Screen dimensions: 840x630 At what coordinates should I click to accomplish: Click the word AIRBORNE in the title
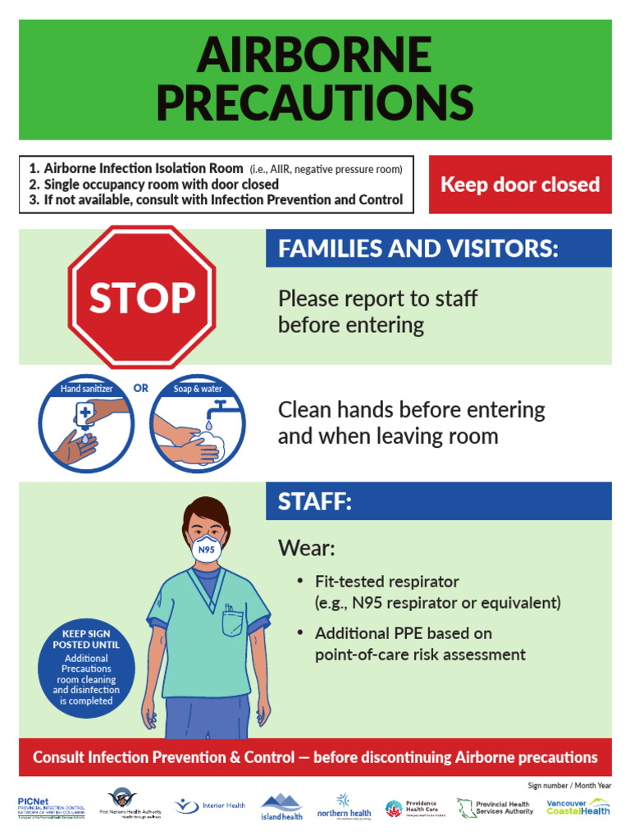pos(314,57)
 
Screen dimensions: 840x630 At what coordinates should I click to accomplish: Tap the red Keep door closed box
pos(520,185)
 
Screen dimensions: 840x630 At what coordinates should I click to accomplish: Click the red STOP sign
pos(142,297)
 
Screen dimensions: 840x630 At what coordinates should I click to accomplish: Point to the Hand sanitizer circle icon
pos(86,426)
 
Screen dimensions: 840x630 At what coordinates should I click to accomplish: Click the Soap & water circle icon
pos(198,426)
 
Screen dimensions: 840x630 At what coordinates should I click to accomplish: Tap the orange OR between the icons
pos(141,388)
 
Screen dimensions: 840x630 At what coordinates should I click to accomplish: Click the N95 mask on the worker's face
pos(207,549)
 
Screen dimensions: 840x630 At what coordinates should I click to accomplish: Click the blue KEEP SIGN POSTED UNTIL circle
pos(85,668)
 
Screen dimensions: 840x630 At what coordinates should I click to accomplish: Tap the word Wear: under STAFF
pos(307,547)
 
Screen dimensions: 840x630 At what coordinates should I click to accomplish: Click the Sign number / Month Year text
pos(569,785)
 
